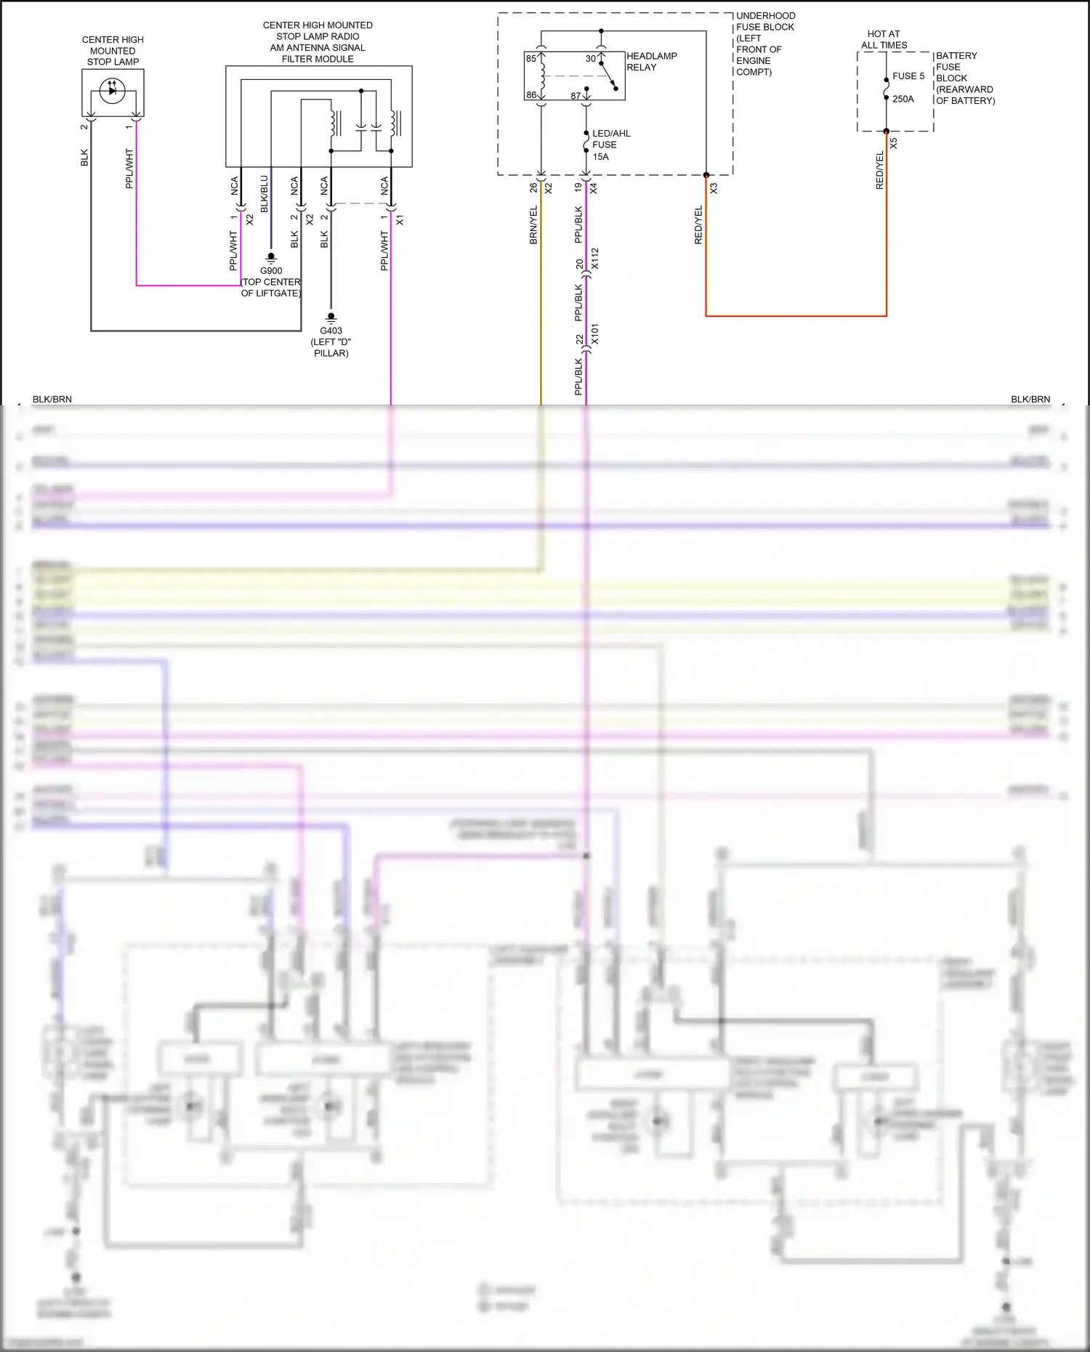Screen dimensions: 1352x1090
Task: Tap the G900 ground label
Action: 271,271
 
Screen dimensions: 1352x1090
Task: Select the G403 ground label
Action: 331,331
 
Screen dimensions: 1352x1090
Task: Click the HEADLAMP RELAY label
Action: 651,62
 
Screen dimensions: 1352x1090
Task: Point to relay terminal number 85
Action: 531,59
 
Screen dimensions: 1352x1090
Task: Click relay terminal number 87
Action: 576,96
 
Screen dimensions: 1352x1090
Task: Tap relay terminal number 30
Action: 590,59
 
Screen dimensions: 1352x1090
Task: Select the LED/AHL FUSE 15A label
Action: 610,145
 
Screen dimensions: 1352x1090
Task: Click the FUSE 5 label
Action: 908,76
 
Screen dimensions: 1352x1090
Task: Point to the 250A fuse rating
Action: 903,99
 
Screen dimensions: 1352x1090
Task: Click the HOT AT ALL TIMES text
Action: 884,39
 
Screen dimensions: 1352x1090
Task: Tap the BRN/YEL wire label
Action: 533,224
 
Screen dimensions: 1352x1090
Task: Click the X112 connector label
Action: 595,259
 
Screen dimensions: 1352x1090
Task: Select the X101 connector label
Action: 595,335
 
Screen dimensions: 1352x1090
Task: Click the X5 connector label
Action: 894,144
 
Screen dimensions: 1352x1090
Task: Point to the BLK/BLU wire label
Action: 264,194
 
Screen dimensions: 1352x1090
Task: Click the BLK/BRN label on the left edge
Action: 52,400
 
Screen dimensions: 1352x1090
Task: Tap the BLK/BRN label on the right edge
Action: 1030,400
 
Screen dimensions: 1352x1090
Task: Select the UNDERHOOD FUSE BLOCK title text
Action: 765,21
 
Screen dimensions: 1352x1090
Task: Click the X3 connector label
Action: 714,188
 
